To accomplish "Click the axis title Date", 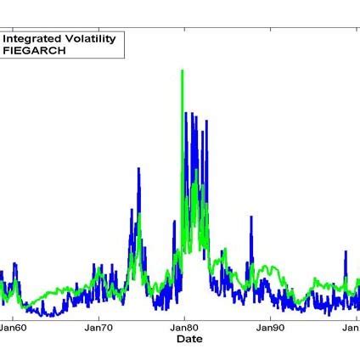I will (x=184, y=339).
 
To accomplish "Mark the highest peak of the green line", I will (x=182, y=70).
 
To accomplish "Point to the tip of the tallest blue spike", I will (x=187, y=112).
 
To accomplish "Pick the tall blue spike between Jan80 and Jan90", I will (x=250, y=218).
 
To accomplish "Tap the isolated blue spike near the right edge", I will (x=346, y=252).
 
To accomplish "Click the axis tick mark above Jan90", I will (x=269, y=315).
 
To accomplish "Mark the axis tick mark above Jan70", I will (x=99, y=315).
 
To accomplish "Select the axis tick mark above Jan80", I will (x=184, y=315).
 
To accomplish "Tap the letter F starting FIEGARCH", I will (x=7, y=50).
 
